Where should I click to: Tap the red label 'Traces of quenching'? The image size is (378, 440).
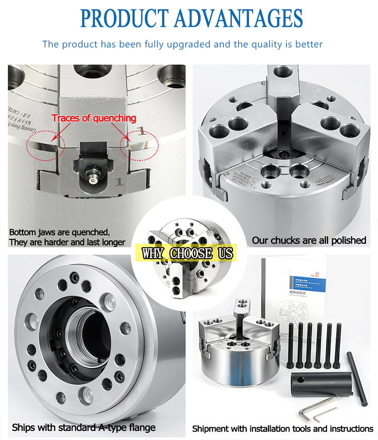click(94, 118)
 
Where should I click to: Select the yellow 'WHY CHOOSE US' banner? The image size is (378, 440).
click(188, 252)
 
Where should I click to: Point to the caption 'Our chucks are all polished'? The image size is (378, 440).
click(309, 240)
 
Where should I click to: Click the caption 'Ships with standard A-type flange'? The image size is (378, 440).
click(84, 428)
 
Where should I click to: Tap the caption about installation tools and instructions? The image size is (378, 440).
click(283, 429)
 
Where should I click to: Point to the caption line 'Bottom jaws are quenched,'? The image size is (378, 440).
click(59, 232)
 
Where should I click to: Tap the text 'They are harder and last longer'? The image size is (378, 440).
click(67, 242)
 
